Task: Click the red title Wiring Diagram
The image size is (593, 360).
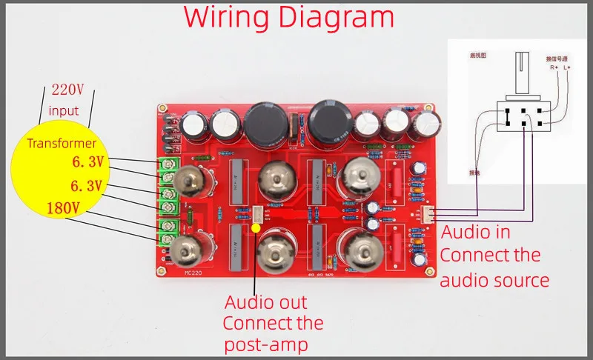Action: coord(289,18)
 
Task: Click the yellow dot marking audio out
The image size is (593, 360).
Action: coord(256,227)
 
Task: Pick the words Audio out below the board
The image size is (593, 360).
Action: coord(265,302)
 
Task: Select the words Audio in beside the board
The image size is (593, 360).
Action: coord(476,232)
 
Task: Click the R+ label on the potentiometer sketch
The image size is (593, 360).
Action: coord(552,67)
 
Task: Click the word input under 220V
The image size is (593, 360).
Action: coord(64,110)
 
